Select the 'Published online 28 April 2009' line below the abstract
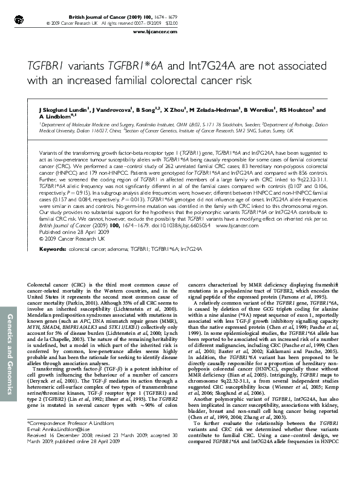coord(71,198)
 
